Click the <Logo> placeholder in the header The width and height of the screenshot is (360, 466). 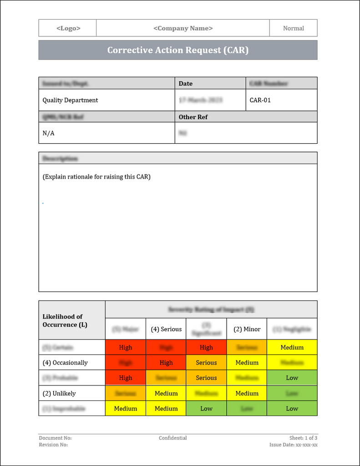pyautogui.click(x=68, y=28)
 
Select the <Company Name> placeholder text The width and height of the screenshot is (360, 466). pyautogui.click(x=183, y=28)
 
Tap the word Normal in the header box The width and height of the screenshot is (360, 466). pyautogui.click(x=293, y=28)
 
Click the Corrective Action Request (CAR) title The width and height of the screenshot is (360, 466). pyautogui.click(x=177, y=50)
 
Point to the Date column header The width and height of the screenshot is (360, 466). pyautogui.click(x=185, y=84)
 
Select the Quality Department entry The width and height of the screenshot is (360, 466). pyautogui.click(x=70, y=100)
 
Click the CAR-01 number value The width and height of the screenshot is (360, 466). pyautogui.click(x=260, y=100)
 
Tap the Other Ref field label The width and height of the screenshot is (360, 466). pyautogui.click(x=193, y=117)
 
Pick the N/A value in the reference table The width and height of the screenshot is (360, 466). pyautogui.click(x=48, y=133)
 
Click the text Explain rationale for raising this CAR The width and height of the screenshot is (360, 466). pyautogui.click(x=96, y=177)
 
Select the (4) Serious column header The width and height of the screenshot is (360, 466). pyautogui.click(x=166, y=329)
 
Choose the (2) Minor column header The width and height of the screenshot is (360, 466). pyautogui.click(x=247, y=329)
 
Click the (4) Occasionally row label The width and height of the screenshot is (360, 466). pyautogui.click(x=65, y=363)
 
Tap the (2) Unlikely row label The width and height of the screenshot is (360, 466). pyautogui.click(x=59, y=393)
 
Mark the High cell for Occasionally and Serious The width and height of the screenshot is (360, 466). pyautogui.click(x=166, y=363)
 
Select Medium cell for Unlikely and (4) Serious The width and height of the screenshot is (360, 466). pyautogui.click(x=166, y=393)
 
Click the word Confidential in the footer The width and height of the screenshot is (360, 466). pyautogui.click(x=172, y=438)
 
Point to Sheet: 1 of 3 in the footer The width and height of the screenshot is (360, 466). pyautogui.click(x=303, y=438)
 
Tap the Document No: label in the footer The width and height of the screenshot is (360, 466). pyautogui.click(x=55, y=438)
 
